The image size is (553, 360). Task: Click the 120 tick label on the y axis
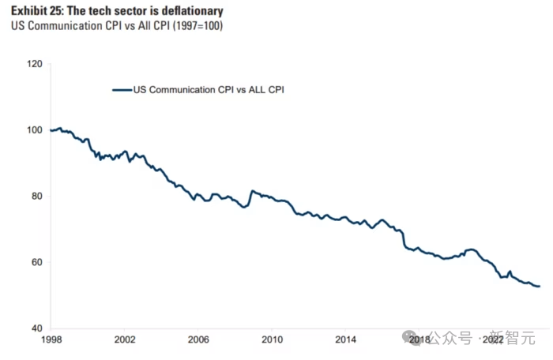[33, 63]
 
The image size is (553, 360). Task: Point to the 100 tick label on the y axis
[33, 129]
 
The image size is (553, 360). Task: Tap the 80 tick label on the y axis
[36, 196]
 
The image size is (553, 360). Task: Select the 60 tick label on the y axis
[36, 262]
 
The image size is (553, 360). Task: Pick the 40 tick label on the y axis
[36, 328]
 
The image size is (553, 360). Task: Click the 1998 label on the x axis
[51, 339]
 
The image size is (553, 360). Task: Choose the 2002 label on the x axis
[125, 339]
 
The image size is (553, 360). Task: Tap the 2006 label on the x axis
[198, 339]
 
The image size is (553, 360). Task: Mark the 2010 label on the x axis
[272, 339]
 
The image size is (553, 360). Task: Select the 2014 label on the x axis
[345, 339]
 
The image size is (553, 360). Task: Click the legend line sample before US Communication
[122, 90]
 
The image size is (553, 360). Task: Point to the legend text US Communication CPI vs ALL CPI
[209, 90]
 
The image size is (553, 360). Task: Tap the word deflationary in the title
[189, 11]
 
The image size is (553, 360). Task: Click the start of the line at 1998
[51, 130]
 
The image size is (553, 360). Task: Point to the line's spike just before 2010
[252, 191]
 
